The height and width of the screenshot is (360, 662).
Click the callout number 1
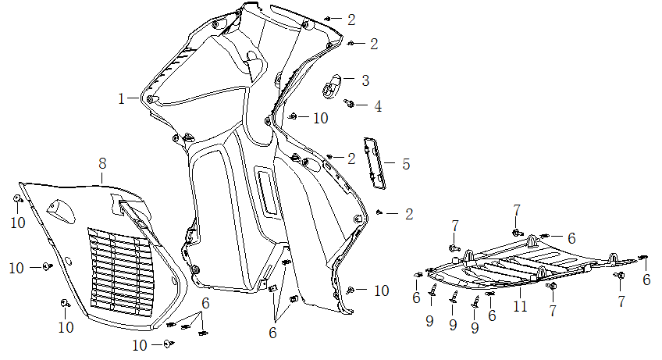(122, 98)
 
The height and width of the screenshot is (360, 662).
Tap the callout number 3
(365, 80)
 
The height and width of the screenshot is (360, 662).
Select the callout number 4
(378, 105)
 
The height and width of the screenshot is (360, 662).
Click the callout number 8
(102, 164)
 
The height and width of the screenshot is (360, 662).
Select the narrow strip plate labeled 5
(375, 163)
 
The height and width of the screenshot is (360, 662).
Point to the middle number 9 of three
(452, 323)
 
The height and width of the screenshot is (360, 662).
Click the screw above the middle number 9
(453, 295)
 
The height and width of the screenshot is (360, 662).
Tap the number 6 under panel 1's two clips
(272, 333)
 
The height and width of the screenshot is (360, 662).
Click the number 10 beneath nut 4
(321, 118)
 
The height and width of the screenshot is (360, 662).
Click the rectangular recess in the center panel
(266, 191)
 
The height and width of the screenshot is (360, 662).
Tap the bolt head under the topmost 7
(516, 232)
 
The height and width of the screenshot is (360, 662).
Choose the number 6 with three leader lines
(205, 303)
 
